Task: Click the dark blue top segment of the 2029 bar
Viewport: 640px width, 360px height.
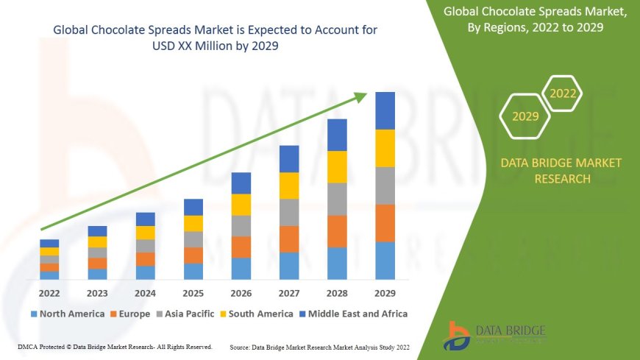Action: [x=385, y=110]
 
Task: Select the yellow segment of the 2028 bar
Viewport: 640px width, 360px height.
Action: [x=337, y=166]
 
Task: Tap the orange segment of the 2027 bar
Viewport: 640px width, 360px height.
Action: [x=289, y=239]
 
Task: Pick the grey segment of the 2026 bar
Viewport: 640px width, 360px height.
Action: [x=241, y=225]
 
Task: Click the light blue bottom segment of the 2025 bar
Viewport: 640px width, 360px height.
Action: [x=193, y=271]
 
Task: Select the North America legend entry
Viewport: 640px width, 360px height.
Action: [x=67, y=314]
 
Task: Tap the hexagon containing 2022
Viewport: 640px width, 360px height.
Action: [x=563, y=93]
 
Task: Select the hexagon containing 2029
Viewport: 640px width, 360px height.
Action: [x=525, y=116]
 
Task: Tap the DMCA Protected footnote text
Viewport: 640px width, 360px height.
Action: [x=114, y=346]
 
